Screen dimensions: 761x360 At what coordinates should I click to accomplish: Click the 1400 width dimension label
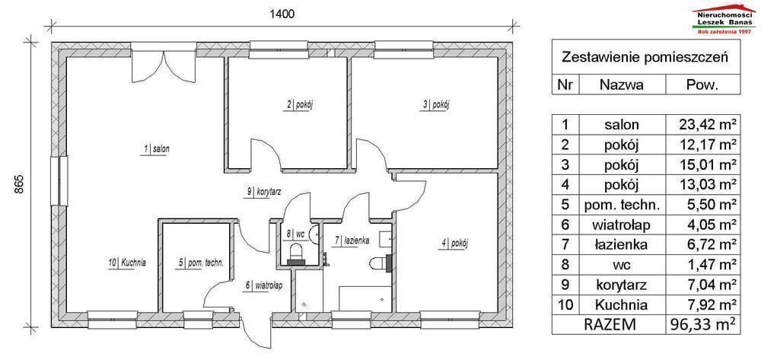click(x=282, y=14)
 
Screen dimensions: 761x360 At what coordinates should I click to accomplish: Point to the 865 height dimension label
click(x=18, y=184)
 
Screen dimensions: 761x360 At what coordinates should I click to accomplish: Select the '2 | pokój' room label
click(x=298, y=105)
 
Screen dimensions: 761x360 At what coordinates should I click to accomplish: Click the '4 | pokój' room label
click(x=455, y=244)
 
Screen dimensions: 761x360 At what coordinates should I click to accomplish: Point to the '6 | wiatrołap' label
click(x=264, y=285)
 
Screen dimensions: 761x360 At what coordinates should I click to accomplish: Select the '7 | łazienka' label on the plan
click(x=352, y=241)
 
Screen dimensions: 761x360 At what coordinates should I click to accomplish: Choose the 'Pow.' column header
click(x=702, y=85)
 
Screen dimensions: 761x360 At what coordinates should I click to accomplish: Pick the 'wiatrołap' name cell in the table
click(x=622, y=225)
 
